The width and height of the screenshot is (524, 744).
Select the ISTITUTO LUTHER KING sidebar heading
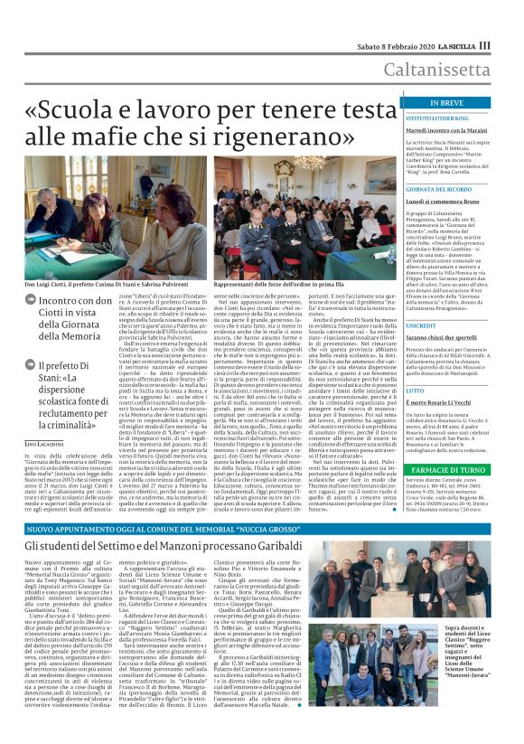point(436,118)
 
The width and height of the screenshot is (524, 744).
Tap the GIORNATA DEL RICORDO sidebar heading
point(439,188)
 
